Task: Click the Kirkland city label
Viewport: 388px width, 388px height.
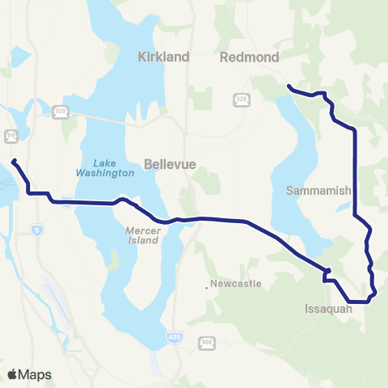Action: point(163,57)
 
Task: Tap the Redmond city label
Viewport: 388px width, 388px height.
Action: point(250,57)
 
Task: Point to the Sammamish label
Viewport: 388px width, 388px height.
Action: point(321,192)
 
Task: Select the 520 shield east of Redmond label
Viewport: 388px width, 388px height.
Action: point(241,99)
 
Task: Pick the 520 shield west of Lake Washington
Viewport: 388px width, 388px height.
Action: point(60,112)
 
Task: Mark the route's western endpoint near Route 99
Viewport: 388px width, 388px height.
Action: point(14,162)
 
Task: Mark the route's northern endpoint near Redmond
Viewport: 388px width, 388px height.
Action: point(289,85)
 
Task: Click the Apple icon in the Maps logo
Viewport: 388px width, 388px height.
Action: point(12,373)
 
